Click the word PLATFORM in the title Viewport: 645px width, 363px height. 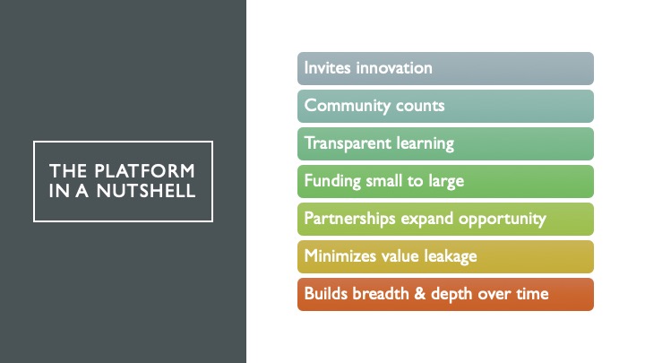click(x=144, y=171)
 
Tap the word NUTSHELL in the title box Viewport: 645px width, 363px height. click(x=146, y=191)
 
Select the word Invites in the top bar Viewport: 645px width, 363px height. click(x=328, y=68)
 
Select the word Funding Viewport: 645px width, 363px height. click(x=332, y=181)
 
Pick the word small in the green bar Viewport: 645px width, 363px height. click(x=384, y=181)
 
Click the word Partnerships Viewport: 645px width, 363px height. click(x=349, y=219)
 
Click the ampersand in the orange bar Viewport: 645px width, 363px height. click(x=420, y=294)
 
